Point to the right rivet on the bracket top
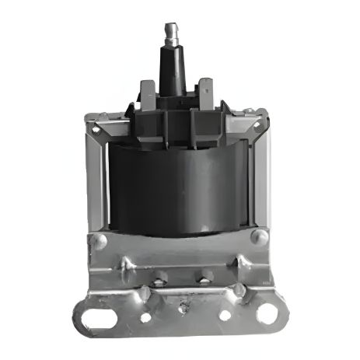(258, 237)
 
